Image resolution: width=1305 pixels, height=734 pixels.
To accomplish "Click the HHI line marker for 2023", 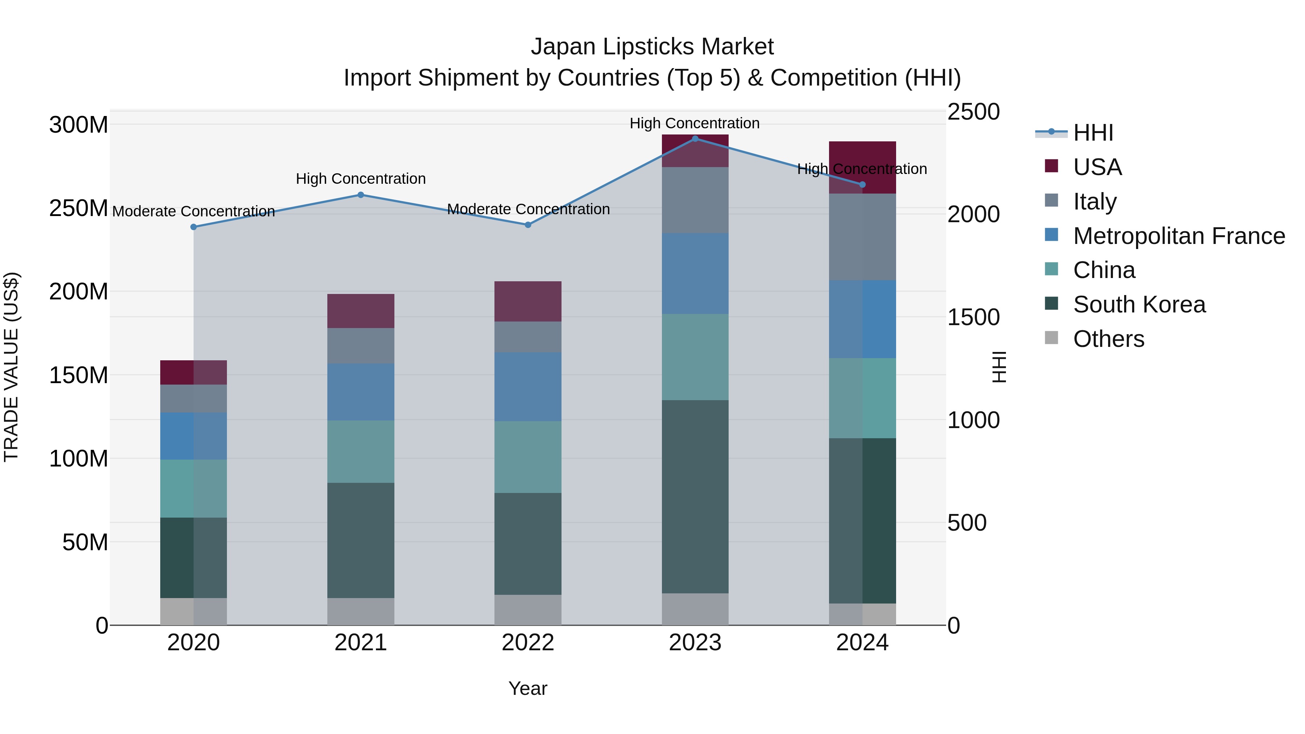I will pos(695,138).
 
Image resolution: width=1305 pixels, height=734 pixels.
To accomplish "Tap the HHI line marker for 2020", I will pos(194,227).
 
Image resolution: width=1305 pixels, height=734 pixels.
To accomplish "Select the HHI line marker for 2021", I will pos(361,195).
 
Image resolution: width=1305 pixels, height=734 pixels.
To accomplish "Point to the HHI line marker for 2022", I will pos(528,225).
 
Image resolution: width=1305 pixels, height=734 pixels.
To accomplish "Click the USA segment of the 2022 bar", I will pos(528,302).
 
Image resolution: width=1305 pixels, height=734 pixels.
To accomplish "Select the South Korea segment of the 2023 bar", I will pos(695,497).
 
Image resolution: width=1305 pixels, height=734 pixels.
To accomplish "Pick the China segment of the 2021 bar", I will pos(361,451).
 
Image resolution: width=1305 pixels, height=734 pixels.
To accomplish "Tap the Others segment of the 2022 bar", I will pos(528,610).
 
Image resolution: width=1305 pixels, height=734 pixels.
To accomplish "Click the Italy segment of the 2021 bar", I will pos(361,345).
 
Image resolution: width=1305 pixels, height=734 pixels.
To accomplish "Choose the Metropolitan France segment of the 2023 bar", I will pos(695,274).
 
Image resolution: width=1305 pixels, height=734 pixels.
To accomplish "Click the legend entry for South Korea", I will pos(1139,304).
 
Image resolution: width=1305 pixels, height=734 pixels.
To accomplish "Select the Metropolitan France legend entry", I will pos(1178,236).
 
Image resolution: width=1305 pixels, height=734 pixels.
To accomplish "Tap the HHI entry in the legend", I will pos(1093,133).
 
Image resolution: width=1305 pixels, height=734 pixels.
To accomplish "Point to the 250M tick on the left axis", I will pos(79,208).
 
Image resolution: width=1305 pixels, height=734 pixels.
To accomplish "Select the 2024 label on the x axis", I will pos(862,643).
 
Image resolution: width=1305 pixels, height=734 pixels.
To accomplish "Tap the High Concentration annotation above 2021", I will pos(361,179).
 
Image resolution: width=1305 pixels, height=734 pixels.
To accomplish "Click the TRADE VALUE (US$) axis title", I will pos(12,367).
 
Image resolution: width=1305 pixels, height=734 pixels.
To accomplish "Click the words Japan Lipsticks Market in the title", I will pos(652,47).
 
